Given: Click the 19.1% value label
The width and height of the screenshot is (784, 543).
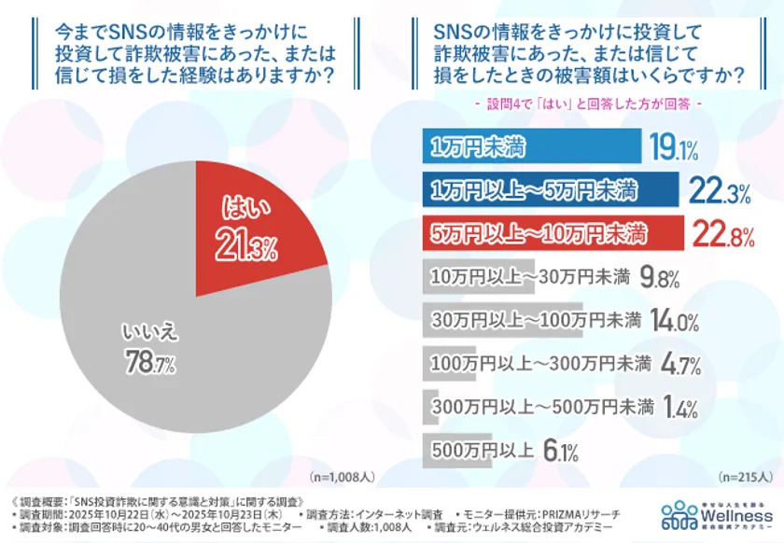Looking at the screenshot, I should point(675,147).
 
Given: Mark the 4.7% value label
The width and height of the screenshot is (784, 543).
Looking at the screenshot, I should point(680,364).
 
